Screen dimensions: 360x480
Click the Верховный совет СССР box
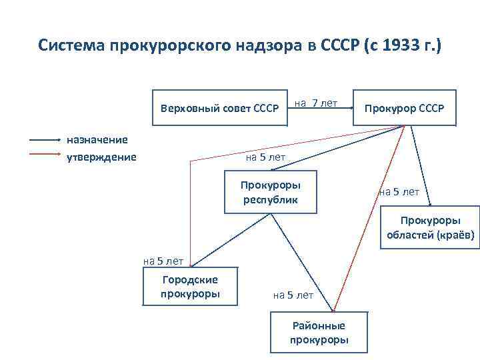tap(219, 108)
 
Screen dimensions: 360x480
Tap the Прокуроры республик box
tap(270, 192)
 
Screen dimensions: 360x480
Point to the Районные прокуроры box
tap(319, 333)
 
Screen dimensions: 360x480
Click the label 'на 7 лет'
tap(316, 103)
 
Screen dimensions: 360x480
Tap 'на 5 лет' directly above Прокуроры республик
tap(265, 158)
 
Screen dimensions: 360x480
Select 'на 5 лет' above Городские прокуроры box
tap(163, 261)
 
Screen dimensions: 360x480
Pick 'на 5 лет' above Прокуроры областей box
tap(399, 192)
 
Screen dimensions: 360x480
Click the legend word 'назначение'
tap(97, 139)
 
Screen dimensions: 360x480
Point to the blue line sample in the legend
tap(45, 140)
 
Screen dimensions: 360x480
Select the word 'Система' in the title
tap(67, 46)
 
